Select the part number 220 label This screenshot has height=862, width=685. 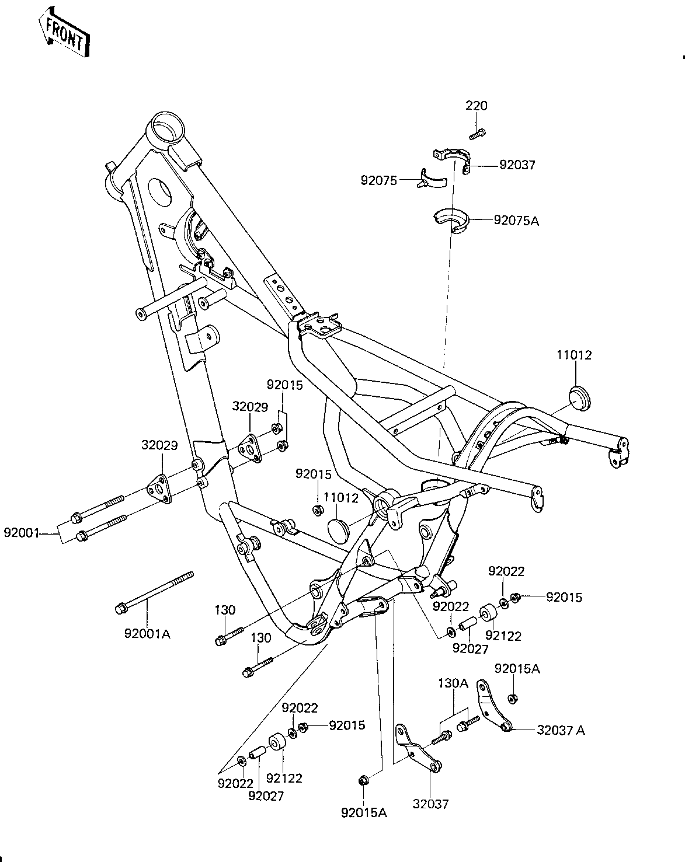pos(477,106)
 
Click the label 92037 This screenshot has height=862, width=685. pos(517,165)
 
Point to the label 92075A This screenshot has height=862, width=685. pos(516,221)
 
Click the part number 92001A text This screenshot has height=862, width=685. pos(147,633)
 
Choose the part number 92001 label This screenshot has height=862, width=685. pos(22,532)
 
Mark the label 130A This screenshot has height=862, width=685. pos(454,683)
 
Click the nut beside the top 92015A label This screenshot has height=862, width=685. pos(512,698)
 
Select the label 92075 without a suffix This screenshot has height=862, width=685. pos(379,181)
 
